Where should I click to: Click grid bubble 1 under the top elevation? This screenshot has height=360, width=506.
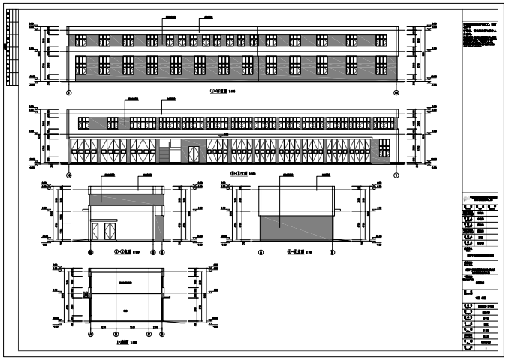coord(69,92)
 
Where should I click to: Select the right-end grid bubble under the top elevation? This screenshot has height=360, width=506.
coord(396,92)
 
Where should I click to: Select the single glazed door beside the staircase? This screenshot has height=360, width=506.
coord(193,153)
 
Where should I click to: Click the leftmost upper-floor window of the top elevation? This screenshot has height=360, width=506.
coord(80,40)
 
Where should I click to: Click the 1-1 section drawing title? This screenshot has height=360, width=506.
coord(125,343)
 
